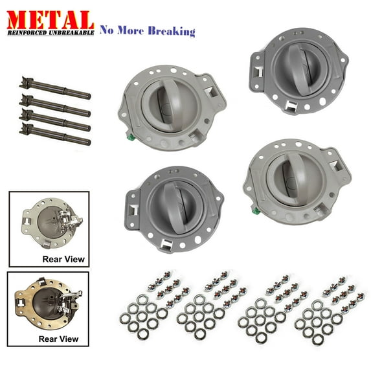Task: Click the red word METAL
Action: pyautogui.click(x=51, y=20)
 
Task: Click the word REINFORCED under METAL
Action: pyautogui.click(x=27, y=32)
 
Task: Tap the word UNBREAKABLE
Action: pyautogui.click(x=71, y=32)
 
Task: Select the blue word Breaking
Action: pyautogui.click(x=172, y=32)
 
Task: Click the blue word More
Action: pyautogui.click(x=130, y=31)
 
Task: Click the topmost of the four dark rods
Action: pyautogui.click(x=55, y=88)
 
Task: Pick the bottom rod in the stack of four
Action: pyautogui.click(x=55, y=134)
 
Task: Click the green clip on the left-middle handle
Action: pyautogui.click(x=131, y=137)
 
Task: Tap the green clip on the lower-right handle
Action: pyautogui.click(x=256, y=210)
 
